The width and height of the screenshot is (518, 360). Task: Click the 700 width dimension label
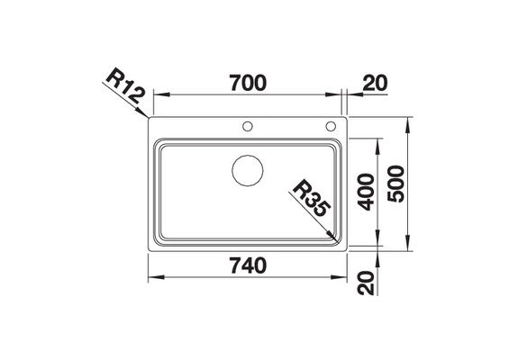coord(248,83)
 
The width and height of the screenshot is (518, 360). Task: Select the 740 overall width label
coord(249,265)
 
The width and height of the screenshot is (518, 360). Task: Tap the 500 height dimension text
coord(396,184)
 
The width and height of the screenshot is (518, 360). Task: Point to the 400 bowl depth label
coord(367,192)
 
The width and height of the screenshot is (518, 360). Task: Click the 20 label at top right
coord(375,83)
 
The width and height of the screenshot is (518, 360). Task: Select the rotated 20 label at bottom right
coord(367,283)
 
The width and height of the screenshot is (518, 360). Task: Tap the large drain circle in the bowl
coord(248,170)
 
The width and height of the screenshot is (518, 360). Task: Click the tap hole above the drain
coord(248,126)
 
